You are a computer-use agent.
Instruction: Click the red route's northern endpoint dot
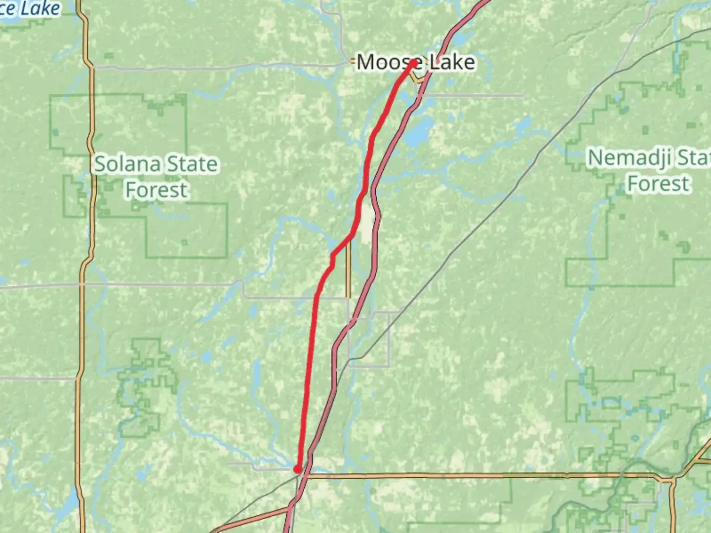[413, 62]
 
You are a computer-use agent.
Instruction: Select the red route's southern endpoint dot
[298, 468]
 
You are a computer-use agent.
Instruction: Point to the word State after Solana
[192, 164]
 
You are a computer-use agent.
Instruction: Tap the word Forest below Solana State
[157, 190]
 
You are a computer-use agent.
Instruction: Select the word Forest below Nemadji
[658, 184]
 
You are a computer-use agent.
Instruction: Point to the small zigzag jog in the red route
[332, 259]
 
